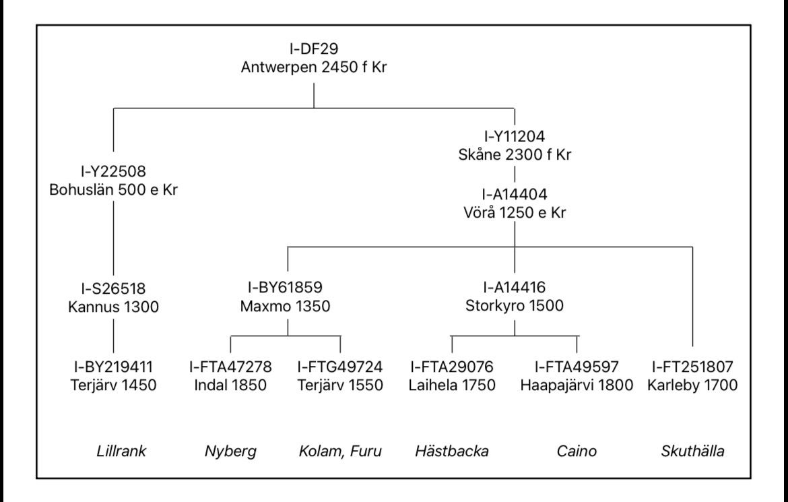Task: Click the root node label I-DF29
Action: tap(314, 49)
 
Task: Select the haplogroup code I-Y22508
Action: tap(113, 170)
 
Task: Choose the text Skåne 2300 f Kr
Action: tap(515, 155)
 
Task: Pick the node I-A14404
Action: tap(515, 195)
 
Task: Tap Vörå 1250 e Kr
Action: tap(515, 214)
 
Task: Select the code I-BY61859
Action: tap(288, 287)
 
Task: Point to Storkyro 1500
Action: tap(515, 305)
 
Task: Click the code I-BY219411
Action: tap(113, 368)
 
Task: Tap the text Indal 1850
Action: tap(230, 386)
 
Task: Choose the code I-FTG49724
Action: tap(340, 368)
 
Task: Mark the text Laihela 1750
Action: tap(453, 386)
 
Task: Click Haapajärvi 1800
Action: tap(577, 386)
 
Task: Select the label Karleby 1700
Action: tap(692, 386)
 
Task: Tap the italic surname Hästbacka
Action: tap(453, 451)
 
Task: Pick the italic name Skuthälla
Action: tap(692, 451)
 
